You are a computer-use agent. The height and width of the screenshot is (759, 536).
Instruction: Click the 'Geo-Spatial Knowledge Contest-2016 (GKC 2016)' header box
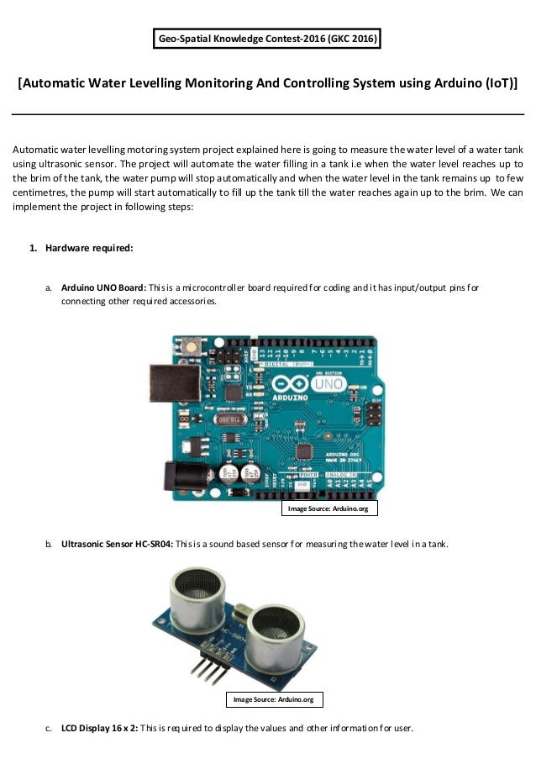tap(267, 39)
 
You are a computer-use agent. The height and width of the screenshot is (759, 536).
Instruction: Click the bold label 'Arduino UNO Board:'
tap(103, 287)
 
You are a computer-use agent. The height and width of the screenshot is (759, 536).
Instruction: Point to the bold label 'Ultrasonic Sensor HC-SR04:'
tap(117, 545)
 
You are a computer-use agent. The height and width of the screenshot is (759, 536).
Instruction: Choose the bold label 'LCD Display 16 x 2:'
tap(100, 728)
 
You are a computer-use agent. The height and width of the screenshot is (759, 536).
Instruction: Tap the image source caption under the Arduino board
tap(323, 509)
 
